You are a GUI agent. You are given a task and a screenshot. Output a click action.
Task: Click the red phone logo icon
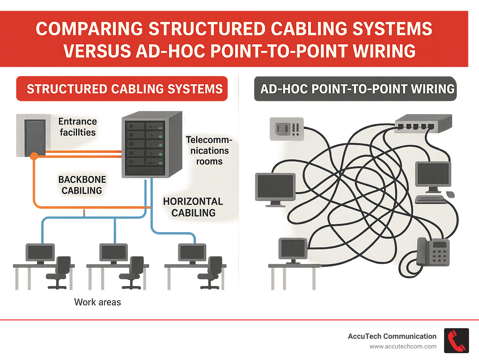(456, 341)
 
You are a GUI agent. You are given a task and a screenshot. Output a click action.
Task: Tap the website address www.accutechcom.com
(403, 347)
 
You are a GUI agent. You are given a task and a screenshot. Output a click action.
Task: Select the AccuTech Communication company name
(392, 336)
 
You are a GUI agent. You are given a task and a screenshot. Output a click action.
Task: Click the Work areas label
(97, 302)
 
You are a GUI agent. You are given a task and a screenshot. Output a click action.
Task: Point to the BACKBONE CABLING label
(82, 185)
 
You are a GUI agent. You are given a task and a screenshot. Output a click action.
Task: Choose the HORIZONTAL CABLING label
(193, 207)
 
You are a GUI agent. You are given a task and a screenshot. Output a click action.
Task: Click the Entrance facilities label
(78, 127)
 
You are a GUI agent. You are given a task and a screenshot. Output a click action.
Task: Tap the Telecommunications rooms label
(209, 151)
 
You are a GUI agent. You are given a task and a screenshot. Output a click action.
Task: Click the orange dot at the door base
(34, 156)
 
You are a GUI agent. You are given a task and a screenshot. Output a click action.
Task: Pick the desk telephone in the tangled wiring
(433, 252)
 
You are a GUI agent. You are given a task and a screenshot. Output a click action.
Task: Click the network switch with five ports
(423, 124)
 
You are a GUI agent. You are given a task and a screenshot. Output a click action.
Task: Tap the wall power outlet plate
(287, 129)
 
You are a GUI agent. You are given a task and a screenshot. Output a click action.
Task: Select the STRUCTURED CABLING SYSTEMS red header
(122, 89)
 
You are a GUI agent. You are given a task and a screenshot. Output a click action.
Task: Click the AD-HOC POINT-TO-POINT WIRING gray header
(356, 89)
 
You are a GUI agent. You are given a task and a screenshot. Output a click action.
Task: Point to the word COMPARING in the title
(89, 29)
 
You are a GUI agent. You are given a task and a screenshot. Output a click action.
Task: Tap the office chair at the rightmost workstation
(212, 271)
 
